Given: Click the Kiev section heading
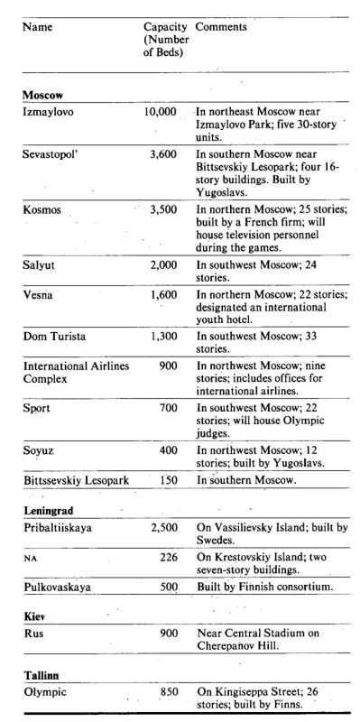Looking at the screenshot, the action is tap(34, 619).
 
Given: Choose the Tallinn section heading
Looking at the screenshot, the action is tap(41, 675).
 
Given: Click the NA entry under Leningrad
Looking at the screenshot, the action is tap(28, 558).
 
